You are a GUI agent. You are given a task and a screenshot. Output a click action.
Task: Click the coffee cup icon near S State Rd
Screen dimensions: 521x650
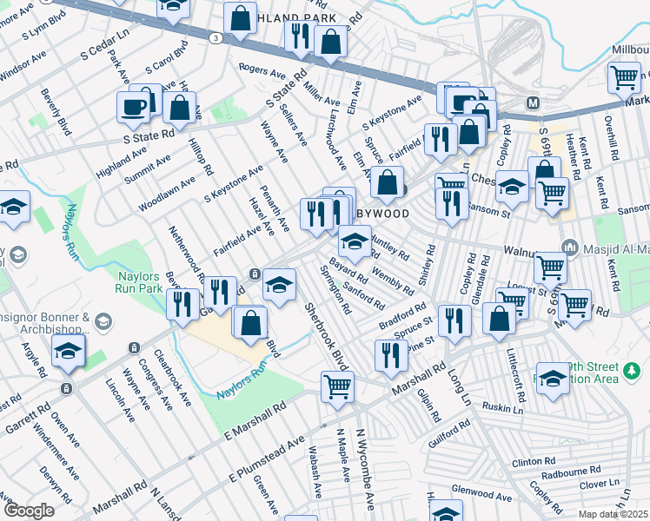coord(134,108)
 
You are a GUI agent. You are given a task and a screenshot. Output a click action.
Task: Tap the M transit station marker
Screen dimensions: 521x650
coord(534,102)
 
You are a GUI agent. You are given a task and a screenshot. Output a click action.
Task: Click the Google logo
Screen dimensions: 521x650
coord(29,511)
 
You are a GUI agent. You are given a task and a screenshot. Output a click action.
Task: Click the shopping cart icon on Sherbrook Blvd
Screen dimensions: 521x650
coord(337,386)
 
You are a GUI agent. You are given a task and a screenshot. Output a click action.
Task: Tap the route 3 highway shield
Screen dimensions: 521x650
coord(214,36)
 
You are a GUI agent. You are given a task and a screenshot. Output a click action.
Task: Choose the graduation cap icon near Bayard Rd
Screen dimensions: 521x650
coord(355,241)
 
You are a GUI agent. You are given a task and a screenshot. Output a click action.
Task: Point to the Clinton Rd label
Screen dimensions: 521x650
coord(533,461)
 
